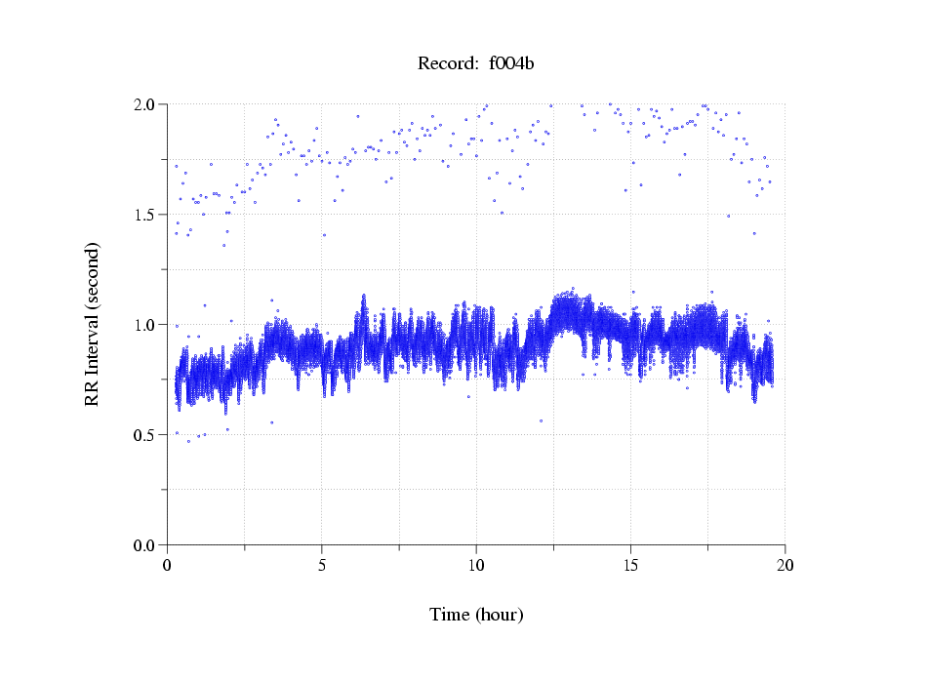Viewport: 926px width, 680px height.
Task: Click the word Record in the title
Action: [443, 64]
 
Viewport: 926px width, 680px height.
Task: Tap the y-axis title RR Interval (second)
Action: [93, 324]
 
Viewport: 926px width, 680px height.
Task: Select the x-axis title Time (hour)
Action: [476, 615]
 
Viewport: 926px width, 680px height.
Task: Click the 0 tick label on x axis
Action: [168, 565]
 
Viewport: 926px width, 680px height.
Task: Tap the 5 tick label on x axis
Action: [322, 565]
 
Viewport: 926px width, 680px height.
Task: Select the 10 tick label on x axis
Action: [476, 565]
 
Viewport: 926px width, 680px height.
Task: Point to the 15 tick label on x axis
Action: [630, 565]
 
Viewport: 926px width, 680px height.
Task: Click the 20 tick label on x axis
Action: [785, 565]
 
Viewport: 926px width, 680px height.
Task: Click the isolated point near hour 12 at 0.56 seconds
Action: [541, 421]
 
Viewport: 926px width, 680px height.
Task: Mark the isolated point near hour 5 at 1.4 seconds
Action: [324, 235]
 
